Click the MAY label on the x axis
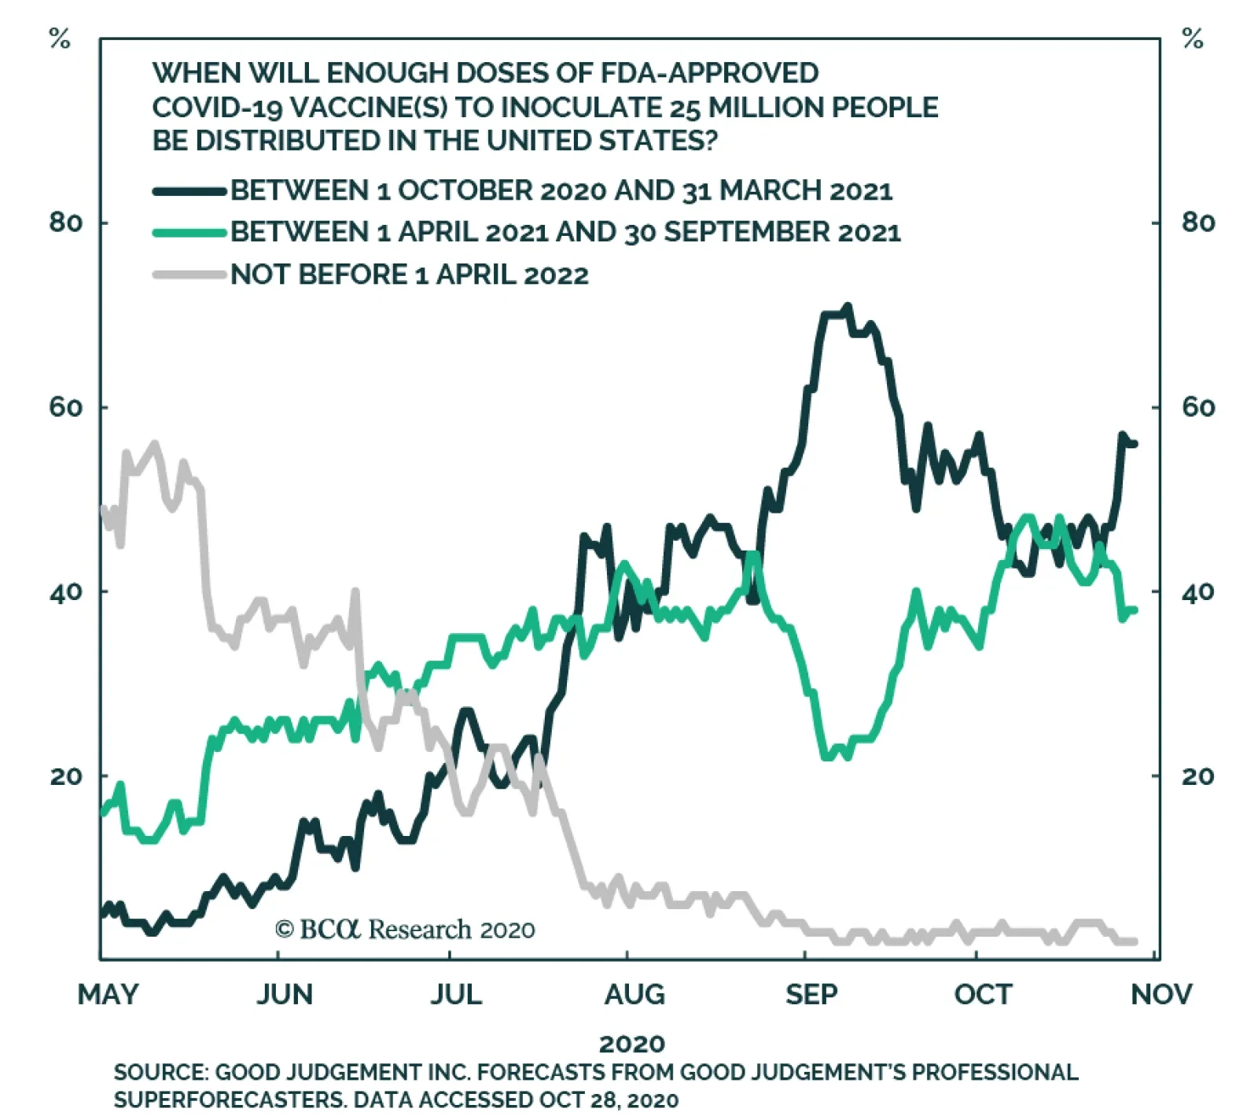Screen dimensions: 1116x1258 [x=108, y=994]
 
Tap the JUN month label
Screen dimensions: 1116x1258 [x=285, y=994]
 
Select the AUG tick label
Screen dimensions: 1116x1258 [x=634, y=994]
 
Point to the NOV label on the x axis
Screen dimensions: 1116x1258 [x=1161, y=994]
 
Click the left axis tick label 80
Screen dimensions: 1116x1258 [x=65, y=223]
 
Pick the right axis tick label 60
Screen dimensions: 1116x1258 [x=1197, y=407]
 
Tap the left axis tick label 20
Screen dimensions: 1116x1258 [x=65, y=776]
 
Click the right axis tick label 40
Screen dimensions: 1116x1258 [x=1197, y=591]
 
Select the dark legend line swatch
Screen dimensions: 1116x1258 [x=189, y=191]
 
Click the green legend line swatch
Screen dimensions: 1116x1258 [x=189, y=233]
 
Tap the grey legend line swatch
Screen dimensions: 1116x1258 [x=189, y=274]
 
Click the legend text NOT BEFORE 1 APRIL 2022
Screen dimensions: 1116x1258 [x=409, y=274]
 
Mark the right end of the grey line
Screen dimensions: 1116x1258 [x=1134, y=941]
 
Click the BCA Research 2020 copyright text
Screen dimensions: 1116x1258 [x=405, y=930]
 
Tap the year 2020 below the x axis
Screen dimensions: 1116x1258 [x=632, y=1044]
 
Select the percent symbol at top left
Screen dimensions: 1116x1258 [x=60, y=39]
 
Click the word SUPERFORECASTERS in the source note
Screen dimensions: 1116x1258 [x=228, y=1099]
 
